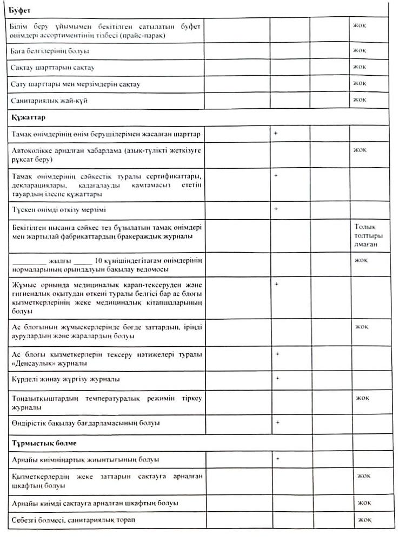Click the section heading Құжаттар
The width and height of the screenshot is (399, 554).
(28, 117)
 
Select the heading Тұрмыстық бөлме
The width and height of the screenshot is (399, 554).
(39, 443)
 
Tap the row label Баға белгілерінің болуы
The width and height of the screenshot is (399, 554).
(50, 51)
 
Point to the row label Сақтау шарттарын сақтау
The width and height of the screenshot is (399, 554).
(51, 68)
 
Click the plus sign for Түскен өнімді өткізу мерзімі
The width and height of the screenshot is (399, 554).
(276, 208)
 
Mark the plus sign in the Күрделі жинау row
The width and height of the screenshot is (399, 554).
(277, 378)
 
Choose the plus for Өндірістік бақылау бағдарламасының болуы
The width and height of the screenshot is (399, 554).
(277, 421)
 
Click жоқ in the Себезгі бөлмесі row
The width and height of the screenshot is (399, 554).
(362, 520)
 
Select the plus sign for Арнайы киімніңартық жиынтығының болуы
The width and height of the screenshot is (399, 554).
(277, 459)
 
